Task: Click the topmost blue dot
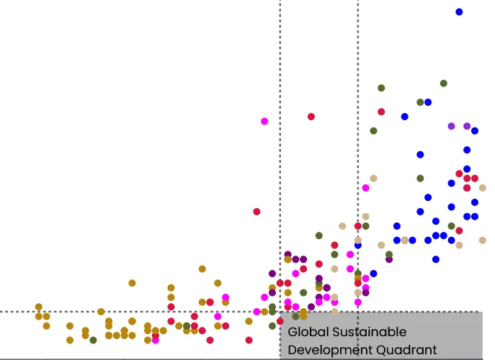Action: (x=459, y=12)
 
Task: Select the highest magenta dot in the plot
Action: (x=264, y=121)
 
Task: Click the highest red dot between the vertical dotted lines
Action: (x=311, y=117)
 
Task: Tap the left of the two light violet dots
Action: (x=451, y=126)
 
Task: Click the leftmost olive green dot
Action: (x=93, y=340)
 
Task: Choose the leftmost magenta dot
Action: (x=156, y=340)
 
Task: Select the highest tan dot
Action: (x=373, y=178)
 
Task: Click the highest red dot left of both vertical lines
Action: (x=257, y=212)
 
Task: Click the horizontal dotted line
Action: (x=144, y=312)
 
